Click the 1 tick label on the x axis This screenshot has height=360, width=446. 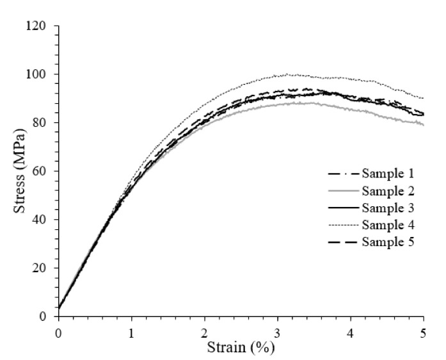(x=131, y=332)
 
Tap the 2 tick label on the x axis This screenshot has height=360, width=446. (x=204, y=332)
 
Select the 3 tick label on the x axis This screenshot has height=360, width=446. (x=277, y=332)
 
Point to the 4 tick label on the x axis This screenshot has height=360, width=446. (x=350, y=332)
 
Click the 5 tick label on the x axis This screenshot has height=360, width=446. (x=423, y=332)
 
